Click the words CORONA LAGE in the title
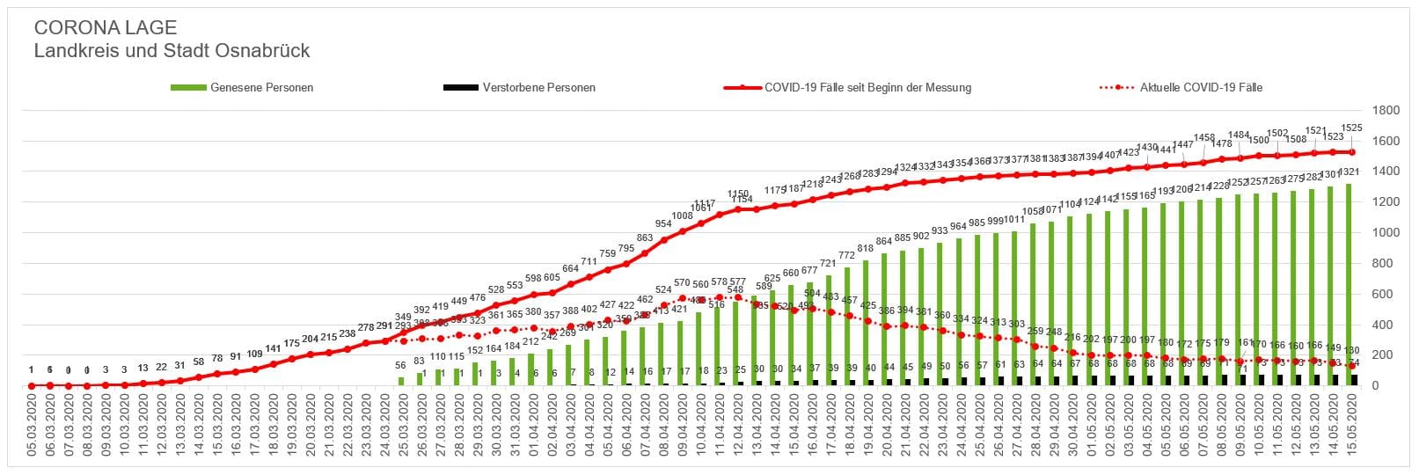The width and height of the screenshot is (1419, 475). (x=105, y=28)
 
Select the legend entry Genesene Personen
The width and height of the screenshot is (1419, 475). (x=261, y=88)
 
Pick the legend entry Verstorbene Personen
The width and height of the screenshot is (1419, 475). (x=538, y=88)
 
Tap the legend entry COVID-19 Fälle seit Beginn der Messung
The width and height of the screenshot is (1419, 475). (x=867, y=88)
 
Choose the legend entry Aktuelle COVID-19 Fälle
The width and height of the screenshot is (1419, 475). (x=1201, y=88)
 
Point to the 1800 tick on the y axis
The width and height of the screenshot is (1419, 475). (x=1386, y=111)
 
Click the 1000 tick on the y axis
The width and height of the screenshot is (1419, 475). (x=1386, y=233)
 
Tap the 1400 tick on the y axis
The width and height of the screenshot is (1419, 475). (x=1386, y=172)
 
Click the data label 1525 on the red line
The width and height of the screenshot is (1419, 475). (x=1352, y=128)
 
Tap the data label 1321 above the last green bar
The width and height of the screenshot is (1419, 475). (x=1350, y=172)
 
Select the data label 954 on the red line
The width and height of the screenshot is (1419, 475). (x=663, y=224)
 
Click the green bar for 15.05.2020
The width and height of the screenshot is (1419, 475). (x=1349, y=281)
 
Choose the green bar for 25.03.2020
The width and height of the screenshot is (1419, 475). (x=401, y=381)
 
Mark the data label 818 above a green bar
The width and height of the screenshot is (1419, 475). (x=866, y=249)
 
